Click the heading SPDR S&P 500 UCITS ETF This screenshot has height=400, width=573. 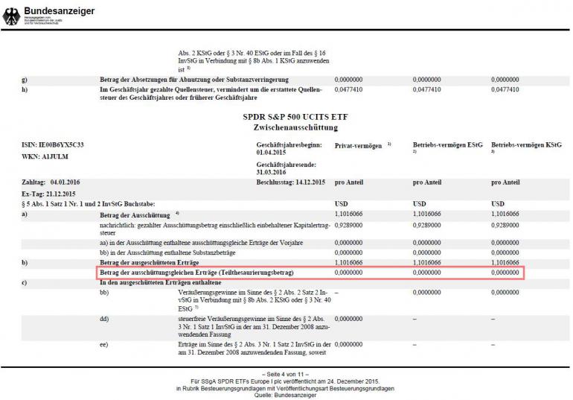click(x=295, y=117)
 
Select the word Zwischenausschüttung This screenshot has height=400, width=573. click(x=295, y=127)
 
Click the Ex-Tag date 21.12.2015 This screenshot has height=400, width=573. click(x=61, y=192)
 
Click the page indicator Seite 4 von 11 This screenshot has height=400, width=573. click(x=286, y=372)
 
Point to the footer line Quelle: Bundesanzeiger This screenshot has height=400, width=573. click(x=286, y=394)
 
